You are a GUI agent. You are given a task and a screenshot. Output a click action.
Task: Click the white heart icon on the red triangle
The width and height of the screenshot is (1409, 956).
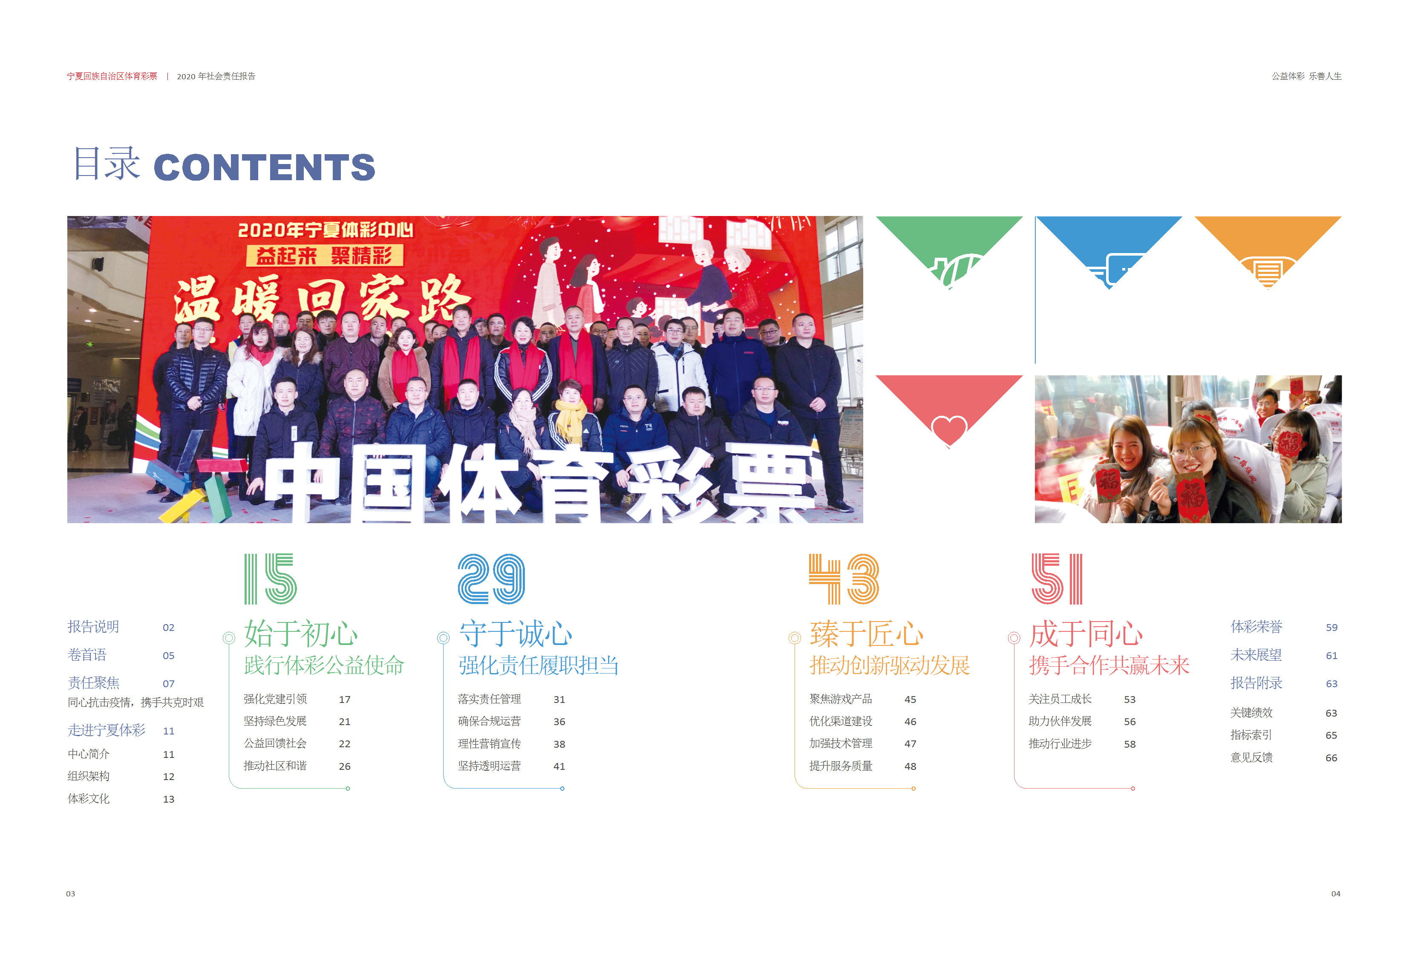pyautogui.click(x=949, y=430)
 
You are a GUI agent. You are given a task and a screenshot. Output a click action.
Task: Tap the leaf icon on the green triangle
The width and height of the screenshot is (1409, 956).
pyautogui.click(x=954, y=270)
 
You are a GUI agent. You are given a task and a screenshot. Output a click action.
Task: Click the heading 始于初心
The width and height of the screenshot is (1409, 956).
pyautogui.click(x=301, y=634)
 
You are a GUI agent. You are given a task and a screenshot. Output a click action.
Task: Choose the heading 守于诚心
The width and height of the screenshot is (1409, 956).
pyautogui.click(x=516, y=634)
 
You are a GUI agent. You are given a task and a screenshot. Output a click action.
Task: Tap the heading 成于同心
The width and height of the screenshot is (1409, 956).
pyautogui.click(x=1086, y=634)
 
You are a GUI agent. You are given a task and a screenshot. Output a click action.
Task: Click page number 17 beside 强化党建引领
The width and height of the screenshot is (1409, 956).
pyautogui.click(x=344, y=700)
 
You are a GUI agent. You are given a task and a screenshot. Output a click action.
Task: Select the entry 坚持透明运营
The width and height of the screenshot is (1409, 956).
pyautogui.click(x=489, y=766)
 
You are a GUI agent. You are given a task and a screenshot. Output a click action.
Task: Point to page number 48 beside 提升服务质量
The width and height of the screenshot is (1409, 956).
pyautogui.click(x=910, y=766)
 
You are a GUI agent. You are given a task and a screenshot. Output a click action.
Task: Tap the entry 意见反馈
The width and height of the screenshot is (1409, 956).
pyautogui.click(x=1251, y=758)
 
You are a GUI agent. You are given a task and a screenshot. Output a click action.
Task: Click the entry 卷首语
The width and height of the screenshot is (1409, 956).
pyautogui.click(x=86, y=655)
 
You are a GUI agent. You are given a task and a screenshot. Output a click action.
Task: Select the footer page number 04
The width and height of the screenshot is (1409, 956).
pyautogui.click(x=1336, y=893)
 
